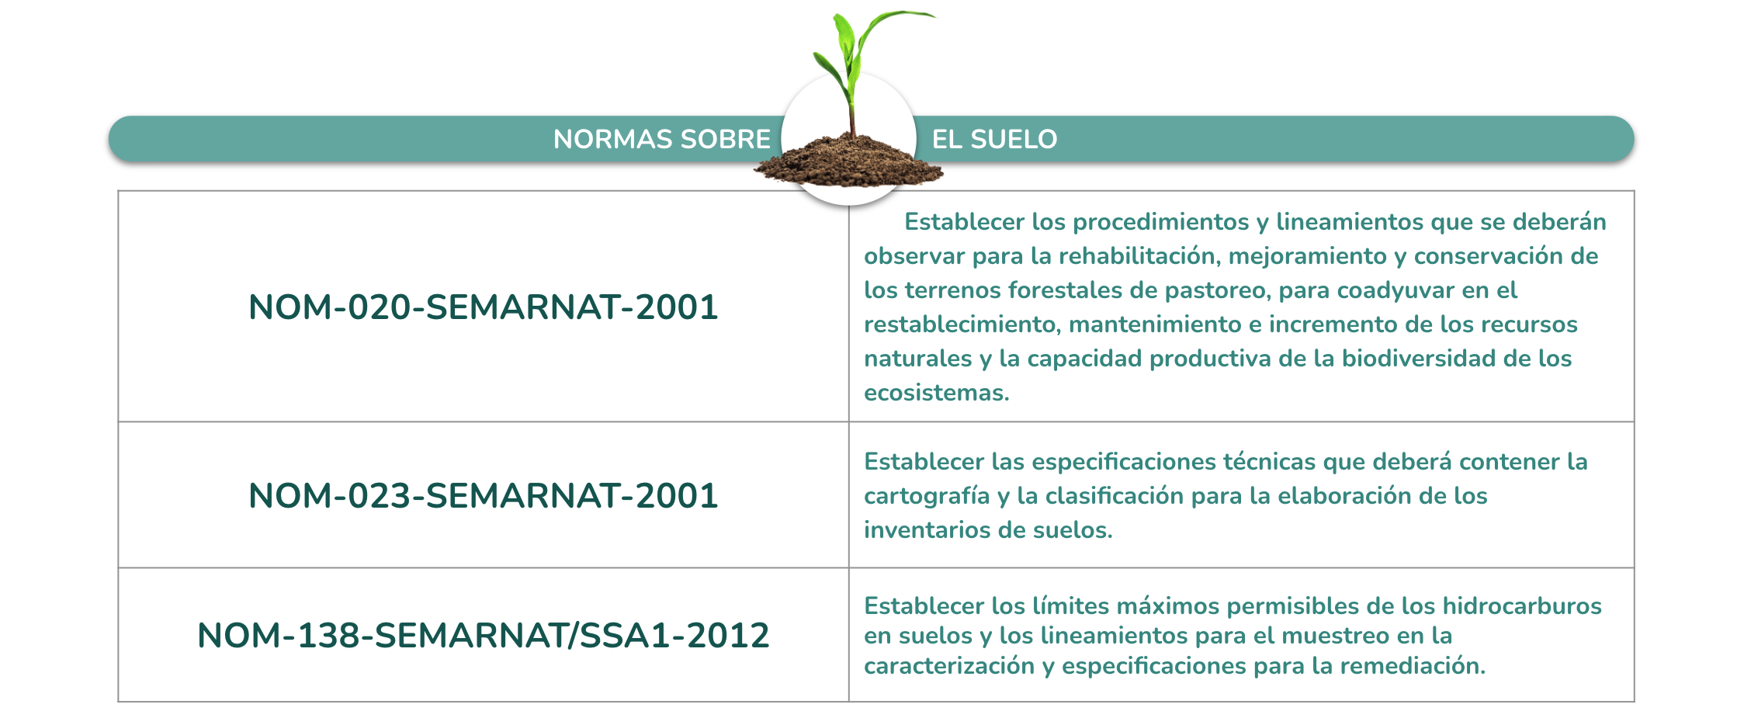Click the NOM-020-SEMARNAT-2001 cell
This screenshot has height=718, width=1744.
pyautogui.click(x=483, y=307)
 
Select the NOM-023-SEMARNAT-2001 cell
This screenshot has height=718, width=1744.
pyautogui.click(x=483, y=495)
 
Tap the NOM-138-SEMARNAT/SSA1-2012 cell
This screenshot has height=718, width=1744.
pyautogui.click(x=483, y=636)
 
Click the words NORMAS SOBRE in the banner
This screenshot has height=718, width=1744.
pyautogui.click(x=661, y=140)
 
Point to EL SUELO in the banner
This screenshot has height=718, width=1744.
pyautogui.click(x=994, y=140)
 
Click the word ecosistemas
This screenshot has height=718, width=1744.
pyautogui.click(x=937, y=393)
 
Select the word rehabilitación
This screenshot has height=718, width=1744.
pyautogui.click(x=1139, y=256)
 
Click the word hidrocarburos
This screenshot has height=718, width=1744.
pyautogui.click(x=1522, y=605)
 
